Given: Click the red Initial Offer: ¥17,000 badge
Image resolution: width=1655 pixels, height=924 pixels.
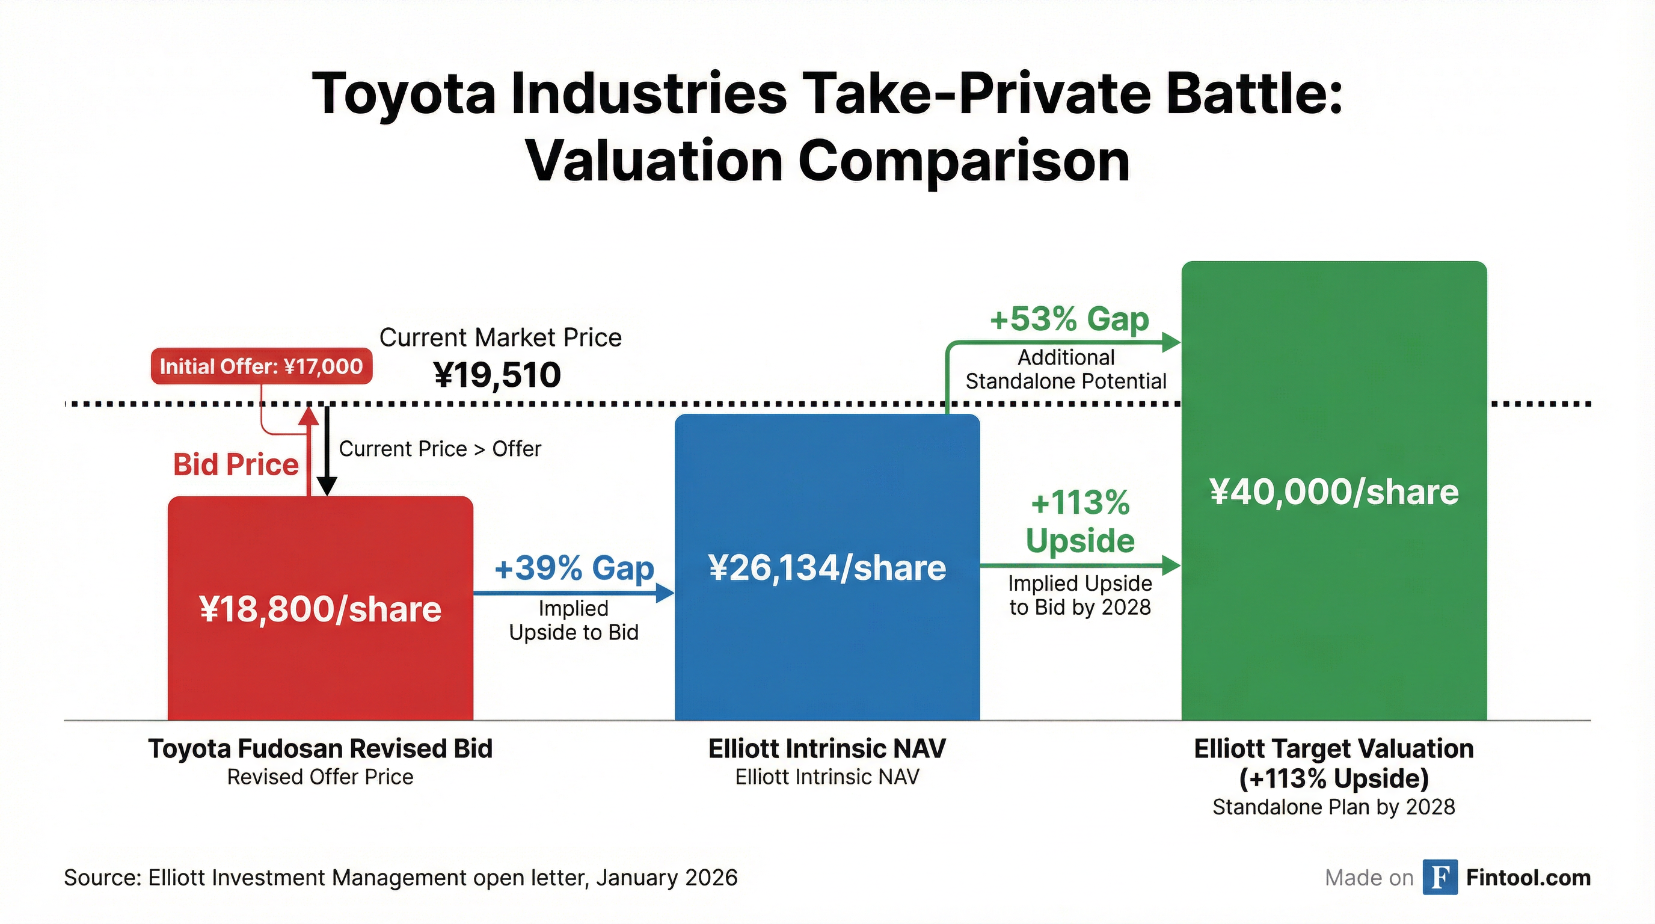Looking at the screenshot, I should click(262, 366).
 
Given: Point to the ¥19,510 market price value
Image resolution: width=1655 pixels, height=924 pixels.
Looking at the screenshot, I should click(497, 375).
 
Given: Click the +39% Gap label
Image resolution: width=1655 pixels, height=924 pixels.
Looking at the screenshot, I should click(574, 568).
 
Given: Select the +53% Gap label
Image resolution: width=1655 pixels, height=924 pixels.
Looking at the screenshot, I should click(1069, 319).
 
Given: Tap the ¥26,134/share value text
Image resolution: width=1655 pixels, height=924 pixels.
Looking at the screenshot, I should click(827, 568).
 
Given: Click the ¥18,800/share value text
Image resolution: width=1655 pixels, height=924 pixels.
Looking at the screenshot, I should click(320, 609).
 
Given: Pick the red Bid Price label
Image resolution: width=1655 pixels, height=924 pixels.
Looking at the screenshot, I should click(236, 464).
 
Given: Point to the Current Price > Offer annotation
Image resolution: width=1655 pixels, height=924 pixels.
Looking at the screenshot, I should click(440, 449).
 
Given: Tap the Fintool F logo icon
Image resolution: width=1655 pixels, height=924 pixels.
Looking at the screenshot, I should click(1439, 877).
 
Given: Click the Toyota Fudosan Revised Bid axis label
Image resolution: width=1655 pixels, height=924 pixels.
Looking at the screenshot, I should click(320, 749).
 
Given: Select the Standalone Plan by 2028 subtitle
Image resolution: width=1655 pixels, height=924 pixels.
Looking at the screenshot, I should click(1334, 807).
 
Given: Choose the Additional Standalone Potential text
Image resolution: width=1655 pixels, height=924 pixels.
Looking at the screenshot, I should click(1066, 369).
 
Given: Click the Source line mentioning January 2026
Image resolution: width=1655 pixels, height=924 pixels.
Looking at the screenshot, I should click(401, 878).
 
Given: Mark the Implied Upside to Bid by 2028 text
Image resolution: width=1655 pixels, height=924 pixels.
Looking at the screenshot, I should click(1080, 595).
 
